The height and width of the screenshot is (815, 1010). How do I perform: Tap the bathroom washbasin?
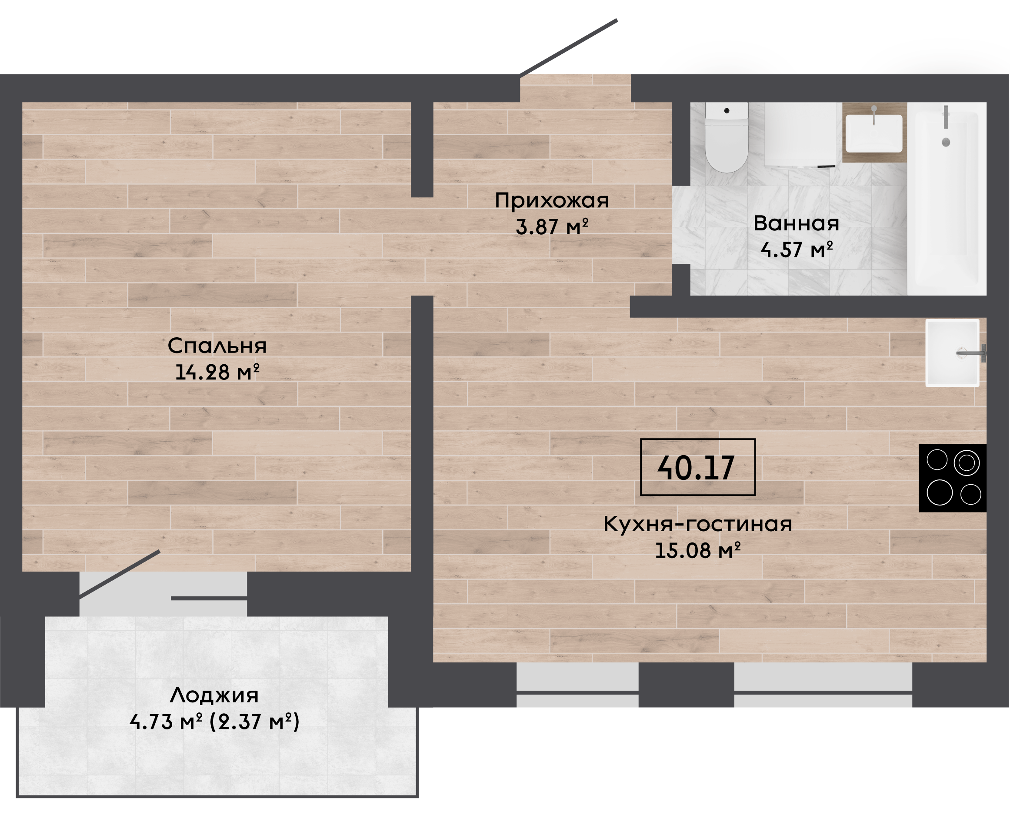tap(874, 133)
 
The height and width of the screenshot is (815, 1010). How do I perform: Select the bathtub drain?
tap(946, 142)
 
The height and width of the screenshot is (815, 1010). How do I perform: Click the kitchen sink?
tap(952, 353)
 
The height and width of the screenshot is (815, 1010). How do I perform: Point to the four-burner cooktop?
tap(952, 478)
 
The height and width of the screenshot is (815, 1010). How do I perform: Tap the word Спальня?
tap(217, 346)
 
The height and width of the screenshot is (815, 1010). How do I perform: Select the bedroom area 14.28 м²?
tap(217, 372)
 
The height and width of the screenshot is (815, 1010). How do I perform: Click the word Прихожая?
tap(552, 201)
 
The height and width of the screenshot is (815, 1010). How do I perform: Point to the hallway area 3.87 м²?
tap(552, 227)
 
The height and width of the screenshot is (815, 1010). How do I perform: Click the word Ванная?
tap(797, 223)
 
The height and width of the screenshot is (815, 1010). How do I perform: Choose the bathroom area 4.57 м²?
tap(797, 249)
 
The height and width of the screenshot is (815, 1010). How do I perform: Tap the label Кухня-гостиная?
tap(698, 524)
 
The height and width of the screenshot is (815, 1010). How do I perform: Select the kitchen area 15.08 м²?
tap(698, 550)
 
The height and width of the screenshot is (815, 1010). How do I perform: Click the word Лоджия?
tap(214, 695)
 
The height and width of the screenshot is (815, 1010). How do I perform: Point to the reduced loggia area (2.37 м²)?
tap(254, 722)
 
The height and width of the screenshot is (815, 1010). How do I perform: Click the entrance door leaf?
tap(568, 47)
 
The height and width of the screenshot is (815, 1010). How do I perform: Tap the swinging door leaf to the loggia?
tap(120, 575)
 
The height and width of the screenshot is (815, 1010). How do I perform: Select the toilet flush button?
tap(727, 111)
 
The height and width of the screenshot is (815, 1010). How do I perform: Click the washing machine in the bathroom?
tap(800, 135)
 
